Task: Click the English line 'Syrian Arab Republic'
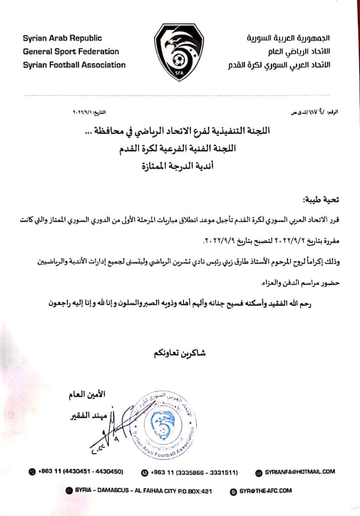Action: (62, 38)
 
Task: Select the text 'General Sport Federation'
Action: (71, 51)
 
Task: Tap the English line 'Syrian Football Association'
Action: (74, 64)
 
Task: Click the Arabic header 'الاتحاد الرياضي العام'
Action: (298, 51)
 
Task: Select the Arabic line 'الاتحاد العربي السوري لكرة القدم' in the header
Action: (278, 64)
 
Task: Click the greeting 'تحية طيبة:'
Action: (321, 200)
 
